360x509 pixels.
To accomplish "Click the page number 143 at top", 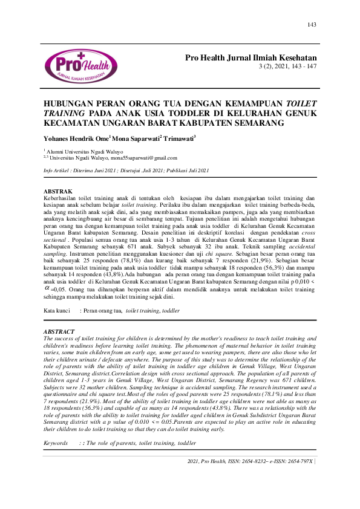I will (x=312, y=25).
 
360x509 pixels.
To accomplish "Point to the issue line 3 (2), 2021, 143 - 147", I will (x=287, y=66).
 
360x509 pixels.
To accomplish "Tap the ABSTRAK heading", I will (x=60, y=192).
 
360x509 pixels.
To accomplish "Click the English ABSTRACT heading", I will (x=59, y=332).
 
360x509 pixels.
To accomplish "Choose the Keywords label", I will (x=56, y=443).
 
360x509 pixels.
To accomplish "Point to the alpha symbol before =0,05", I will (x=47, y=288).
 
